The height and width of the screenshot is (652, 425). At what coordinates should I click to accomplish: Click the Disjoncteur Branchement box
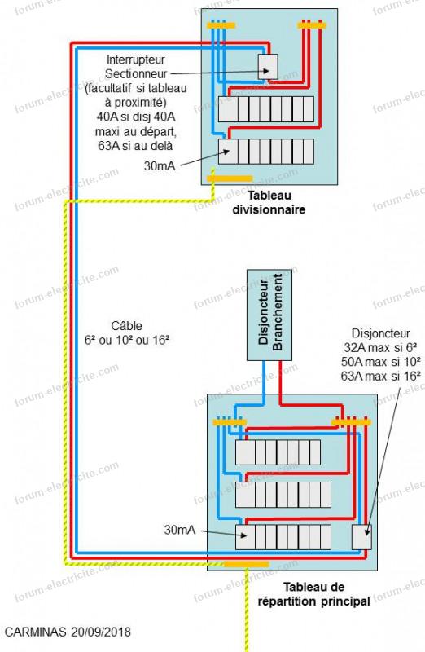click(269, 315)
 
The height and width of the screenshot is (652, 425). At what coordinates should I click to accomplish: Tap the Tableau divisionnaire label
click(269, 202)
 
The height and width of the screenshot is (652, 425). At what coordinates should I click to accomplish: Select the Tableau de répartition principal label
click(313, 594)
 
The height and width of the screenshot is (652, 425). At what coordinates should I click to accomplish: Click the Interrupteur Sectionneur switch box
click(268, 67)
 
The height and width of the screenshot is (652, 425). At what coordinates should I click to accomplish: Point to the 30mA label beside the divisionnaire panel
click(160, 166)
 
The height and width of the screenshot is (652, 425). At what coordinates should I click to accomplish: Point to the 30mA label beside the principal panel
click(179, 530)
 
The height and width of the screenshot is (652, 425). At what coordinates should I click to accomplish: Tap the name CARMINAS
click(35, 632)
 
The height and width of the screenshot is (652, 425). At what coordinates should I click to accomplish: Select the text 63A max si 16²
click(380, 376)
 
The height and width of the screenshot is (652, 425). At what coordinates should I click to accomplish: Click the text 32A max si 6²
click(380, 347)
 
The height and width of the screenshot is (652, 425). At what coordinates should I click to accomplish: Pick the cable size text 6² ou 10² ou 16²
click(127, 340)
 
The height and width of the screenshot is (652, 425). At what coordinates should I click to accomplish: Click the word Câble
click(127, 325)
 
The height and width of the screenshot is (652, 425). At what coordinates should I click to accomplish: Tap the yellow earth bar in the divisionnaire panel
click(230, 178)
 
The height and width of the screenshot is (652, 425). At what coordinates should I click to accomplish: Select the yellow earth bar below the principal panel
click(247, 564)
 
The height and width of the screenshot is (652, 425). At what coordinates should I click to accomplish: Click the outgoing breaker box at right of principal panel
click(361, 537)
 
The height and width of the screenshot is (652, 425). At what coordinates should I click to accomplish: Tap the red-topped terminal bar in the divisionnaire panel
click(312, 25)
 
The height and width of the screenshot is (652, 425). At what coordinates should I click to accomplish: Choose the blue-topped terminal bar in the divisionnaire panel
click(221, 25)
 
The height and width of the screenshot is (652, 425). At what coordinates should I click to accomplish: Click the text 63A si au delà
click(135, 146)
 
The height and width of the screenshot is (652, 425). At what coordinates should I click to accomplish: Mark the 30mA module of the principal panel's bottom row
click(245, 537)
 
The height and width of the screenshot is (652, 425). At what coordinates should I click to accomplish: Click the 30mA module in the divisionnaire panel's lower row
click(228, 152)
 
